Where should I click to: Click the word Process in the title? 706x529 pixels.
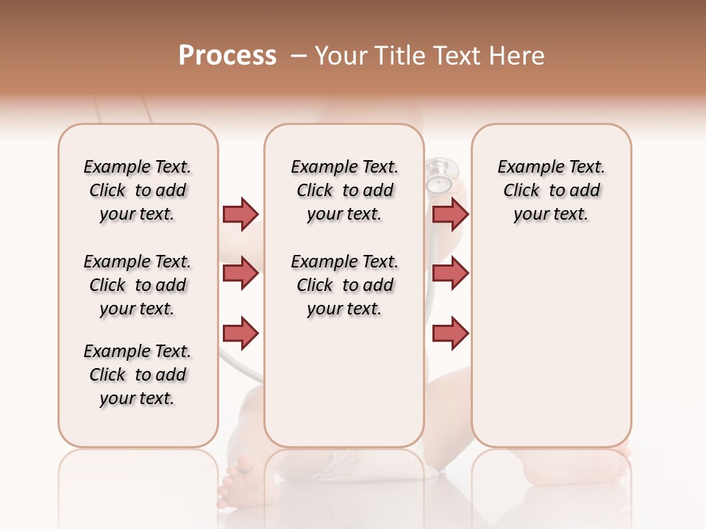227,56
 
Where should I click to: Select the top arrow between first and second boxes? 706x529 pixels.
240,214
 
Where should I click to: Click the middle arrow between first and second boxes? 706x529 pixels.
240,273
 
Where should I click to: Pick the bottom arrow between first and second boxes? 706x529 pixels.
240,333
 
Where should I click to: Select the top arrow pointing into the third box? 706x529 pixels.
450,214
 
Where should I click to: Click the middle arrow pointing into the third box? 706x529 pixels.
450,273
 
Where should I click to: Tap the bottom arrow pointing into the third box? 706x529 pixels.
450,333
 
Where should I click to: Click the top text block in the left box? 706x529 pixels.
138,190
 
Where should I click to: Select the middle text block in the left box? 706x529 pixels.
138,285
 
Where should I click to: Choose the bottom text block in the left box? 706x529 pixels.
138,375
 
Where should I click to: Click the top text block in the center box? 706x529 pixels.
345,190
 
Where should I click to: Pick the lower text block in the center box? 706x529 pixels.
345,285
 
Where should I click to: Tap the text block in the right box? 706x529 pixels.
552,190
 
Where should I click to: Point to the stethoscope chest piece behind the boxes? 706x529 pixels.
439,176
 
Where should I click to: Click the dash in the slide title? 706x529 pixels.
299,56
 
